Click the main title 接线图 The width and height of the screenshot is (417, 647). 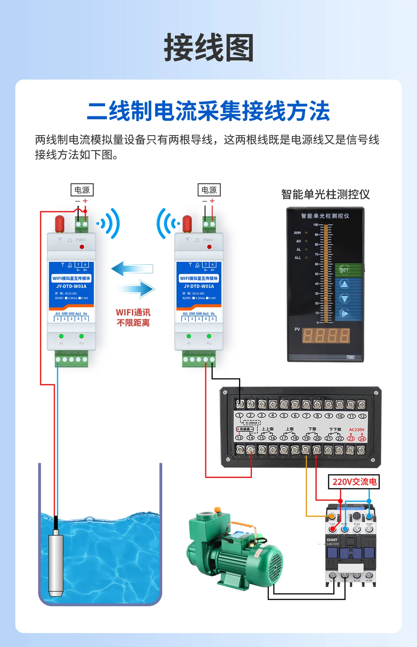[208, 48]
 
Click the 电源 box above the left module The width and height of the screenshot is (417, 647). [82, 190]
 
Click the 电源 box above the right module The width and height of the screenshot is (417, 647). [209, 190]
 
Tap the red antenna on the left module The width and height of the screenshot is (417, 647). [59, 224]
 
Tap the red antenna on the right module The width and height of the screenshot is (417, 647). [187, 224]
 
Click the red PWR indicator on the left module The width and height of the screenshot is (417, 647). [82, 247]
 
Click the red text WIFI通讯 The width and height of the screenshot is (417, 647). [133, 312]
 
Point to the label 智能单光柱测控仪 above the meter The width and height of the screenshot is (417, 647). [325, 194]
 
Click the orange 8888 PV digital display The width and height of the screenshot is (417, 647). [326, 336]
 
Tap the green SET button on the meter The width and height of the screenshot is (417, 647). [344, 269]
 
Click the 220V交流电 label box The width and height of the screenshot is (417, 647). [354, 482]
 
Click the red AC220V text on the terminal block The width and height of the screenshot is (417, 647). [356, 430]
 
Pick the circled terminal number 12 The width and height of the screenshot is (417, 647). [362, 416]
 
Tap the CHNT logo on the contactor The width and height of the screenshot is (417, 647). [332, 540]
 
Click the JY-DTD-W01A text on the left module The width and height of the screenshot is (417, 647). [71, 286]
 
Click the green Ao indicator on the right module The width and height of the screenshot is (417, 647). [209, 336]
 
